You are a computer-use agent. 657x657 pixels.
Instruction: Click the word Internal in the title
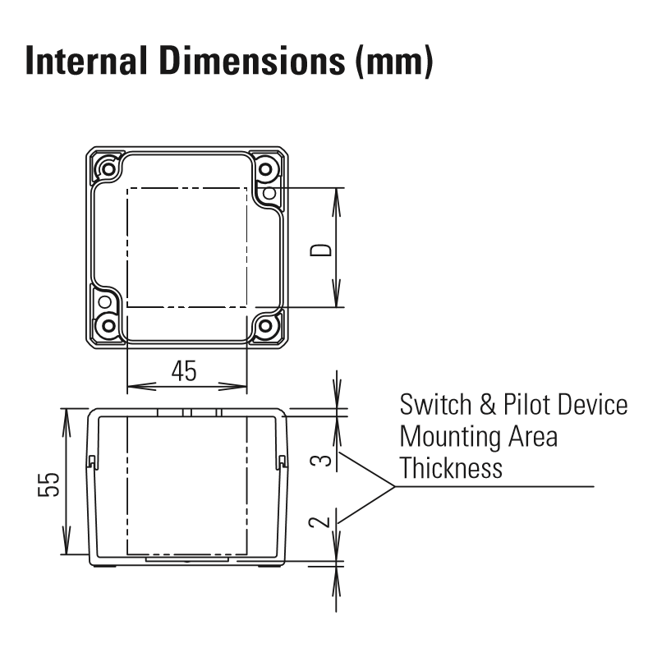click(86, 61)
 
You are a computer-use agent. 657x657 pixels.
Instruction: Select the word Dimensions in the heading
click(252, 61)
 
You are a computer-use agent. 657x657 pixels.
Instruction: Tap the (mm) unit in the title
click(394, 62)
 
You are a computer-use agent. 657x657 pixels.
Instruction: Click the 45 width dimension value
click(184, 371)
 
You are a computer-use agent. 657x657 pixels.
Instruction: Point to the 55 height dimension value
click(48, 485)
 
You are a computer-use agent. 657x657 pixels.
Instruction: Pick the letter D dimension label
click(320, 250)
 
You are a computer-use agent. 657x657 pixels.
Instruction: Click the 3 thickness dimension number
click(320, 461)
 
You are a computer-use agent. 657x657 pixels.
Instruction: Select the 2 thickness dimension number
click(319, 522)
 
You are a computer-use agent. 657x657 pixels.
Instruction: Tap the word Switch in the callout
click(436, 404)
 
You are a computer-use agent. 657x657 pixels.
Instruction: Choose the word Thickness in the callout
click(451, 467)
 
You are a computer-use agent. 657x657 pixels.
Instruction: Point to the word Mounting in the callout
click(449, 438)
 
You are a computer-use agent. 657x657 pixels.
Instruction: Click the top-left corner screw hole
click(108, 169)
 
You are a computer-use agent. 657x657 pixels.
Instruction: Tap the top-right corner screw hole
click(265, 169)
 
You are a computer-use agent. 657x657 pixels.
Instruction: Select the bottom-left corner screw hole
click(108, 325)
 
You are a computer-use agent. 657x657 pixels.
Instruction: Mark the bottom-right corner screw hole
click(265, 325)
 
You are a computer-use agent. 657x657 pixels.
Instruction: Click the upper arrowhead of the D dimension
click(336, 202)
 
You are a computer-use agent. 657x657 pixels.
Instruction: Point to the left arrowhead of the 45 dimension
click(141, 386)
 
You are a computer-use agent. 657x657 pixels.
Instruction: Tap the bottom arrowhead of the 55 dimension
click(67, 540)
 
